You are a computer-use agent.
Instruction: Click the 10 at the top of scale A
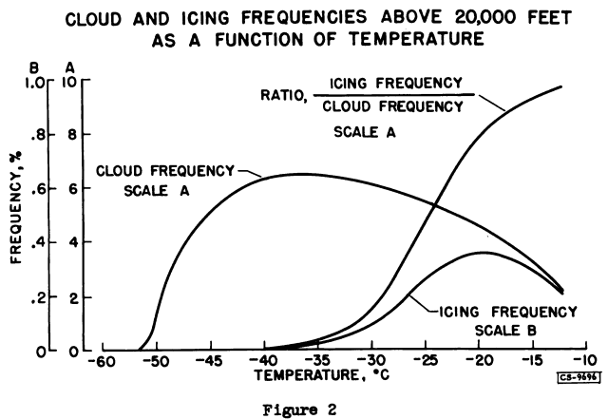(70, 82)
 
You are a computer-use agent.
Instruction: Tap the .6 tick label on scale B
(38, 189)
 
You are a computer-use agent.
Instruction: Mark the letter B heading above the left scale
(34, 67)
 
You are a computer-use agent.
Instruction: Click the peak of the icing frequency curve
(483, 253)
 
